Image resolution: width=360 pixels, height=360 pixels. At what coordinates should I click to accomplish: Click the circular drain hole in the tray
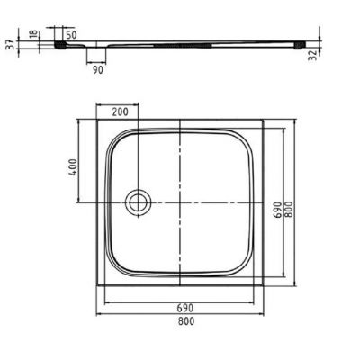[x=138, y=202]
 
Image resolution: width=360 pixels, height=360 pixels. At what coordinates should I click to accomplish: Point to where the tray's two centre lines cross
[x=181, y=202]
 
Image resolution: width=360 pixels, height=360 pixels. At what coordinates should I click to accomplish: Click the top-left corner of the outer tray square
[x=96, y=119]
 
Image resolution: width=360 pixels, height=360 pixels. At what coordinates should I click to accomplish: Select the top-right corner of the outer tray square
[x=265, y=119]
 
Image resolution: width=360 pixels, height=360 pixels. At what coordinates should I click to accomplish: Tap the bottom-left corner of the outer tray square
[x=96, y=285]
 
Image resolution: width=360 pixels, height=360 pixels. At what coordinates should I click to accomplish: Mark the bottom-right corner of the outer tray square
[x=265, y=285]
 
